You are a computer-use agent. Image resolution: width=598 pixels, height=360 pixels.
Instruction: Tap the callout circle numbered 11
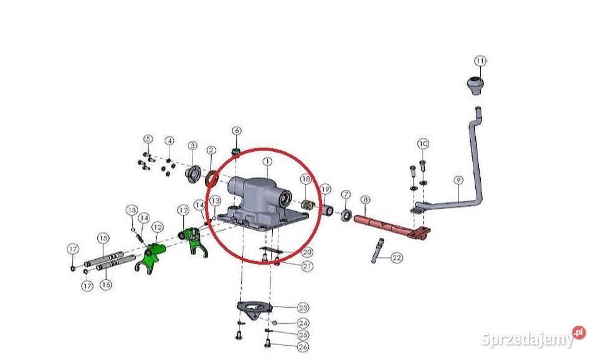480,61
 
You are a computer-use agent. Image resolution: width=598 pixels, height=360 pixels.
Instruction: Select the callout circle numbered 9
458,180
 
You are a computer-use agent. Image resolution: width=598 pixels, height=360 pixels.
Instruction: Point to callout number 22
397,258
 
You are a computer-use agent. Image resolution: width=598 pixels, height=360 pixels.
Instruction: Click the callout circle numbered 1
268,162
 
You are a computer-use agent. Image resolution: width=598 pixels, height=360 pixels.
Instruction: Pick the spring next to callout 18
307,205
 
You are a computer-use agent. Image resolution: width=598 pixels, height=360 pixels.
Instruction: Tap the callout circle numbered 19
325,189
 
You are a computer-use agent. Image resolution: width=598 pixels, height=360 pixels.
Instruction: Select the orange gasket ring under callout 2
212,179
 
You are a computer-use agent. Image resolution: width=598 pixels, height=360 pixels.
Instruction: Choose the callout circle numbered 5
148,139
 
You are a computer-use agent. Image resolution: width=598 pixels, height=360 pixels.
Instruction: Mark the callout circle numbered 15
103,239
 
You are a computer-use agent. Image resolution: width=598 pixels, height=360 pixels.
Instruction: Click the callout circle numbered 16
106,284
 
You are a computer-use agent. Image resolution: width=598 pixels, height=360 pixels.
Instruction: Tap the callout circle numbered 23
303,308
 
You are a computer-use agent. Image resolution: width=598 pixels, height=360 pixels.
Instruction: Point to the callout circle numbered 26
303,347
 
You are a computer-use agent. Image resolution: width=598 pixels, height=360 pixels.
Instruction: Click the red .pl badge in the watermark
579,333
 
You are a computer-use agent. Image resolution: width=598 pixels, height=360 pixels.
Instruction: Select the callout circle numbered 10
423,144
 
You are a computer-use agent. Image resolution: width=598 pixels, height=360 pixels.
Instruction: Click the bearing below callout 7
346,215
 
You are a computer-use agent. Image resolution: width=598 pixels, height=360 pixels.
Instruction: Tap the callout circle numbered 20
307,252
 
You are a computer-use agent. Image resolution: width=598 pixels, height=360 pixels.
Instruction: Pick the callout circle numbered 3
192,146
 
